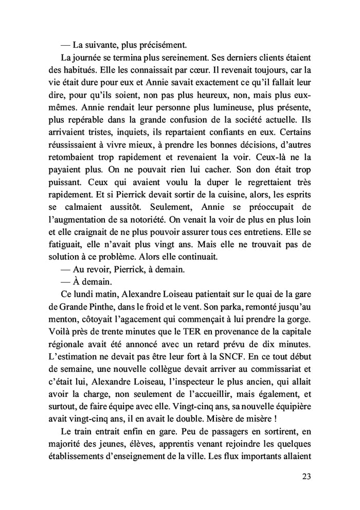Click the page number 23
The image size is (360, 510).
[305, 476]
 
